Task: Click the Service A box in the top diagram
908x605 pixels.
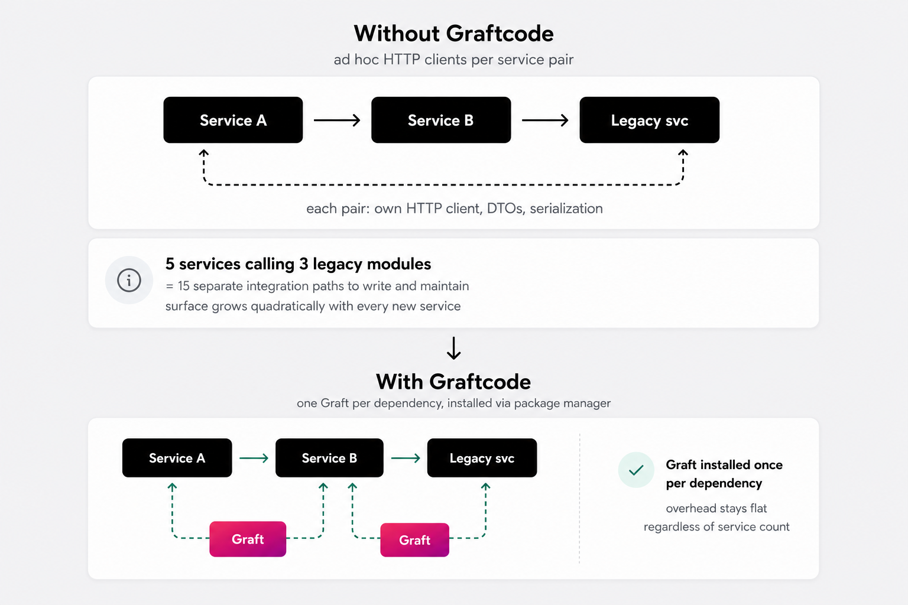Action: pyautogui.click(x=233, y=120)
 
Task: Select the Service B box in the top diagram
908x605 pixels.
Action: pyautogui.click(x=441, y=120)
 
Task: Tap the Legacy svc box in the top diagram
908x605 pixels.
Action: pyautogui.click(x=650, y=120)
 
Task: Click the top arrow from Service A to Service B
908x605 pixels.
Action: pyautogui.click(x=337, y=120)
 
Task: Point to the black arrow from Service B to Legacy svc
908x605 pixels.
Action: pyautogui.click(x=545, y=120)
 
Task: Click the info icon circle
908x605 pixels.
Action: pyautogui.click(x=129, y=280)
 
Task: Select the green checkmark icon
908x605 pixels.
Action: pyautogui.click(x=636, y=470)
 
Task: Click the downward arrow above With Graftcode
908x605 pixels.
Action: pyautogui.click(x=453, y=348)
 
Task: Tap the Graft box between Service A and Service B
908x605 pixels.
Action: pyautogui.click(x=248, y=539)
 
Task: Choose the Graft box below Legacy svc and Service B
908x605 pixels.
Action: pyautogui.click(x=414, y=540)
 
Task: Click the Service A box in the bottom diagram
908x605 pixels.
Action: pyautogui.click(x=177, y=458)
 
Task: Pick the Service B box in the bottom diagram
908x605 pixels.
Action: pyautogui.click(x=329, y=458)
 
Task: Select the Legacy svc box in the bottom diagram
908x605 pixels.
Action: pyautogui.click(x=482, y=458)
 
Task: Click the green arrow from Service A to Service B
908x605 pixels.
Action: pyautogui.click(x=254, y=458)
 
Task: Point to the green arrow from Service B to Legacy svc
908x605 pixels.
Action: pyautogui.click(x=406, y=458)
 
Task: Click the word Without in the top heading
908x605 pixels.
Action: pyautogui.click(x=397, y=33)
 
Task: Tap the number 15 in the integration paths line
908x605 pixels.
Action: pyautogui.click(x=184, y=286)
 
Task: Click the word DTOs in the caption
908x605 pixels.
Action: pyautogui.click(x=505, y=209)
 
